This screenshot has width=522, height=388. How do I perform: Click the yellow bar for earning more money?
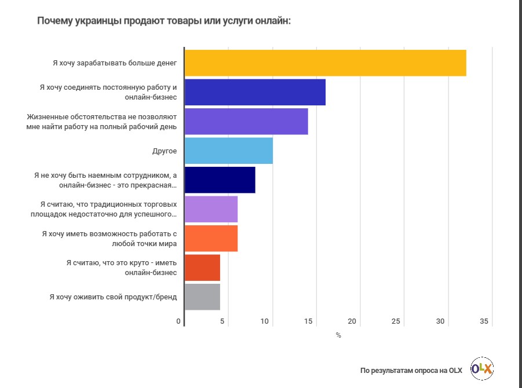325,63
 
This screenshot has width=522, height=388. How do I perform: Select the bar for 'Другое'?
228,151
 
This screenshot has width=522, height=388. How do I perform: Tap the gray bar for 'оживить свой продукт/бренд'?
202,297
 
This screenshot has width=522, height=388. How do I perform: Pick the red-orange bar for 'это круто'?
202,268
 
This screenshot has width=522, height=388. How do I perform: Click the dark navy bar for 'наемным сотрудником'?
220,180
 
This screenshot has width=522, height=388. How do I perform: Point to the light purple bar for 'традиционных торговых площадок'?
211,210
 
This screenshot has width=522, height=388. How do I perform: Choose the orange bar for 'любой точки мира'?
211,239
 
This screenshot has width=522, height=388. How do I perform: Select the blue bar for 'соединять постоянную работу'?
255,93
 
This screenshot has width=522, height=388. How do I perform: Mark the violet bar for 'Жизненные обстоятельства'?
246,122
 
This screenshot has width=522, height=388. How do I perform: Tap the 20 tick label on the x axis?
352,321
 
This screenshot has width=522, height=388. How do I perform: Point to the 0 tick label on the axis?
178,321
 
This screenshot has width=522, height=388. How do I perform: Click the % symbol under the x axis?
338,335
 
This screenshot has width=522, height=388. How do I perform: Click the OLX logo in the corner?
482,369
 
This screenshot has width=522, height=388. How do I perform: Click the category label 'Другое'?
165,151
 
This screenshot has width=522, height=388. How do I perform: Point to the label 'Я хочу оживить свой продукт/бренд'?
113,297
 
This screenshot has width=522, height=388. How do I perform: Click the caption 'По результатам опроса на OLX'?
411,370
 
